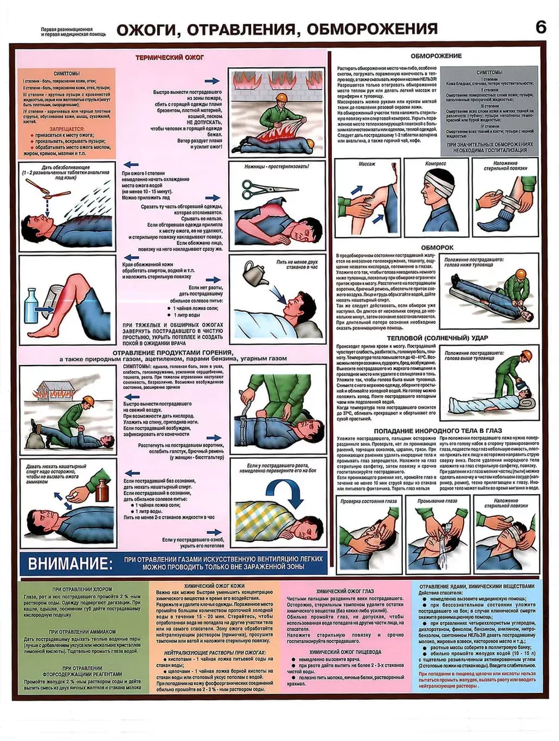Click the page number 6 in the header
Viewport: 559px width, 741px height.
[x=540, y=27]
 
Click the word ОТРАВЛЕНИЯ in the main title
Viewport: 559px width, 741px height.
[x=242, y=28]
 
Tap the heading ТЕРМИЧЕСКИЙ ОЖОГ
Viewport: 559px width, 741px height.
[x=170, y=57]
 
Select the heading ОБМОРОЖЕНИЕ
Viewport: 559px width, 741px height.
[x=436, y=56]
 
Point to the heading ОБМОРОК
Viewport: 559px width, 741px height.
[x=437, y=248]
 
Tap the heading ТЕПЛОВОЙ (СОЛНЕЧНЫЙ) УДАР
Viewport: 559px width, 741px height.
[x=437, y=338]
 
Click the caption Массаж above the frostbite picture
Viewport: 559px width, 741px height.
[x=367, y=164]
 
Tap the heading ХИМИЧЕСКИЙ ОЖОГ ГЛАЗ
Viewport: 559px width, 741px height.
[x=345, y=591]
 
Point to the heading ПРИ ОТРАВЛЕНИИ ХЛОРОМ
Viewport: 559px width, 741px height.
[x=75, y=590]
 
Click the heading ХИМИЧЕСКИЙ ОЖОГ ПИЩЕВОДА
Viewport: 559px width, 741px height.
[x=345, y=652]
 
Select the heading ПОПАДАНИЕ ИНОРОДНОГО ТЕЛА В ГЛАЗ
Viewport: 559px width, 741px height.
[x=437, y=431]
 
